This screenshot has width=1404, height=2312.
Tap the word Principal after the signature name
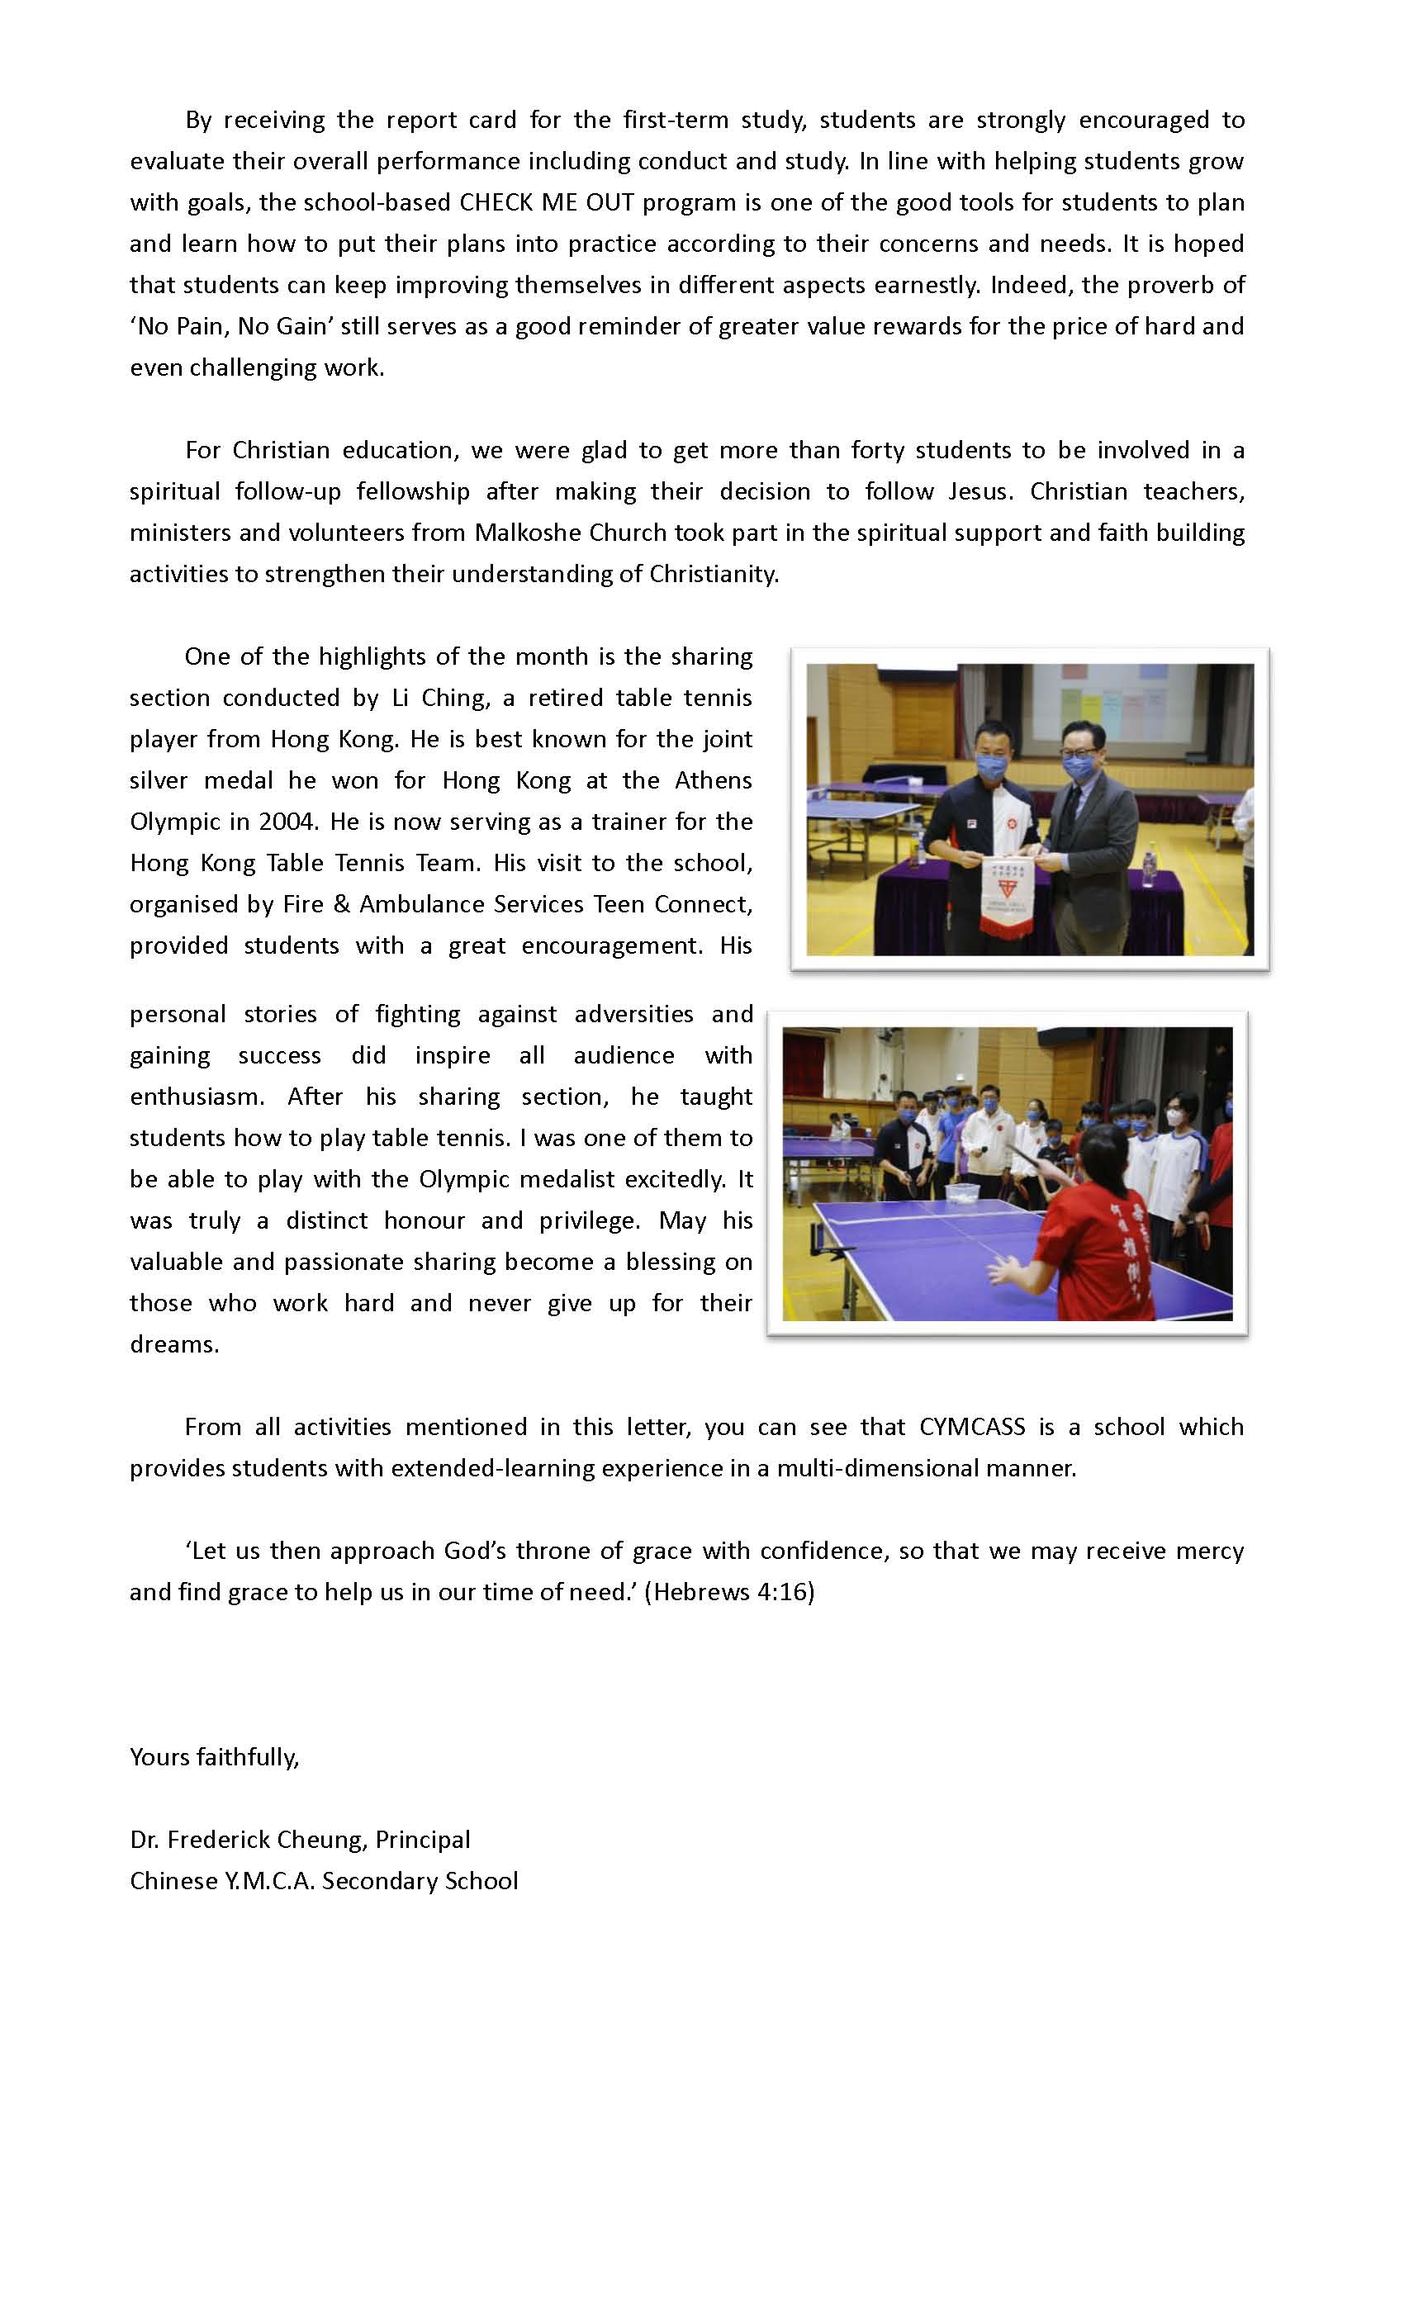point(422,1840)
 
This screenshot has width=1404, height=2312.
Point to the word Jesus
point(981,491)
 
